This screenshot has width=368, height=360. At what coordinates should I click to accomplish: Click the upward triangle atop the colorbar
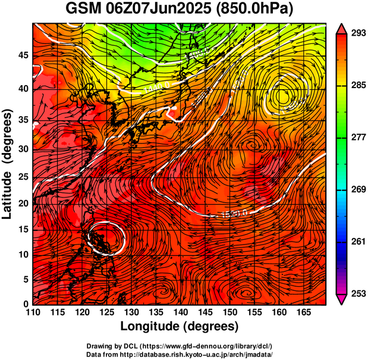341,27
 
